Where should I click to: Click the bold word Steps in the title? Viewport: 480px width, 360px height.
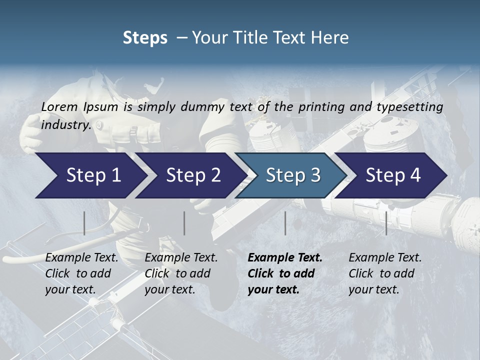pos(145,38)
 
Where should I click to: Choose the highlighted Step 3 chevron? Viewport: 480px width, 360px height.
pos(293,175)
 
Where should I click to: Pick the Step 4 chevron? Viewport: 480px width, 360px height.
pos(393,175)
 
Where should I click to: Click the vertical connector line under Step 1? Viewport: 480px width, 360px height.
pos(84,223)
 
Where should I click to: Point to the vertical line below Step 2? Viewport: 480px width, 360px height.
pos(184,223)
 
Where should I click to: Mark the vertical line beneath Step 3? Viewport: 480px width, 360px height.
pos(285,223)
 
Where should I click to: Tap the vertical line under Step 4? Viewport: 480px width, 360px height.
pos(386,223)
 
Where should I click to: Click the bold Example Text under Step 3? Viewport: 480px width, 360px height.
pos(285,273)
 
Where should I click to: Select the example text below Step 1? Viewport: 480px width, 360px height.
pos(81,273)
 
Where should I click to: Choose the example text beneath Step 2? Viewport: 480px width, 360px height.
pos(181,273)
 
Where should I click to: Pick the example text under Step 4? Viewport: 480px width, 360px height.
pos(385,273)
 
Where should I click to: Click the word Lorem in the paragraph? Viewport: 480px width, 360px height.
pos(59,106)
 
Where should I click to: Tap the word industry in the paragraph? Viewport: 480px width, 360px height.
pos(65,124)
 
